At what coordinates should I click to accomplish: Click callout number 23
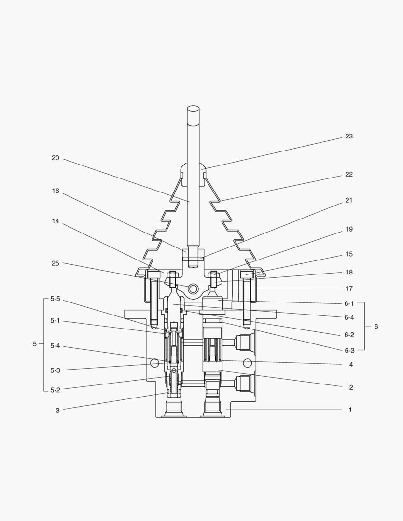[348, 137]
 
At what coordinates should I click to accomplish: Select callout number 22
[348, 175]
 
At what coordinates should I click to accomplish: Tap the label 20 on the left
[56, 158]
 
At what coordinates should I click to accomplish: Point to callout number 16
[56, 191]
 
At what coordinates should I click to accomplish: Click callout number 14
[56, 221]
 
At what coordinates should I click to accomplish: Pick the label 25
[56, 263]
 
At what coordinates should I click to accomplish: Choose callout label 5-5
[55, 299]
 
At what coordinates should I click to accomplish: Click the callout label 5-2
[55, 390]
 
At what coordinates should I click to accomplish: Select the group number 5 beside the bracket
[34, 344]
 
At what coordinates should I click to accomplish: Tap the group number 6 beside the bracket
[376, 327]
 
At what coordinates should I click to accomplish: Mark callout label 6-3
[349, 350]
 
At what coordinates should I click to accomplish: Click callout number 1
[350, 410]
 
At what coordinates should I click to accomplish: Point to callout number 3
[57, 411]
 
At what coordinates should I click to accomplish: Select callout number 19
[349, 229]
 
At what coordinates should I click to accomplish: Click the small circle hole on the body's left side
[154, 362]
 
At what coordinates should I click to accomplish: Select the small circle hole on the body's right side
[247, 362]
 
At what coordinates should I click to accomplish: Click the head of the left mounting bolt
[153, 275]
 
